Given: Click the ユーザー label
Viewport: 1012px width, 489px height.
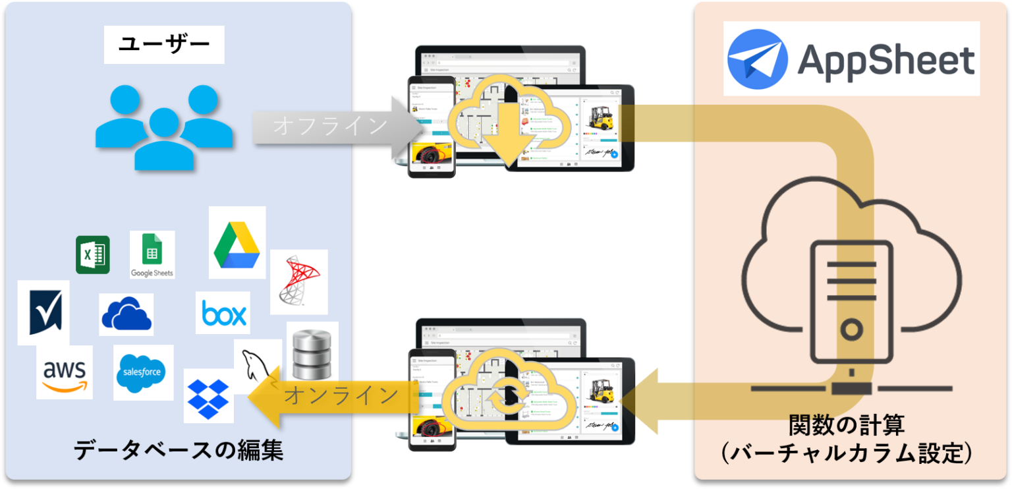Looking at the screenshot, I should coord(164,45).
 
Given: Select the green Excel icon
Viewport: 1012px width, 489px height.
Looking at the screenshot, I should coord(92,254).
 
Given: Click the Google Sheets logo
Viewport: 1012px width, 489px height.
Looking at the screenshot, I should coord(152,254).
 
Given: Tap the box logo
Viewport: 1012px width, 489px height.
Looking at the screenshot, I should coord(223,313).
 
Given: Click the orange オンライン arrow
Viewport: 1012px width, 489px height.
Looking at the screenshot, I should coord(329,397).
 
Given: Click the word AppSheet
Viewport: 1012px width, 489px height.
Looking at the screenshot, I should coord(885,60).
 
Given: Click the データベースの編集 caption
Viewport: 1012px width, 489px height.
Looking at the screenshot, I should coord(178,450).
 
